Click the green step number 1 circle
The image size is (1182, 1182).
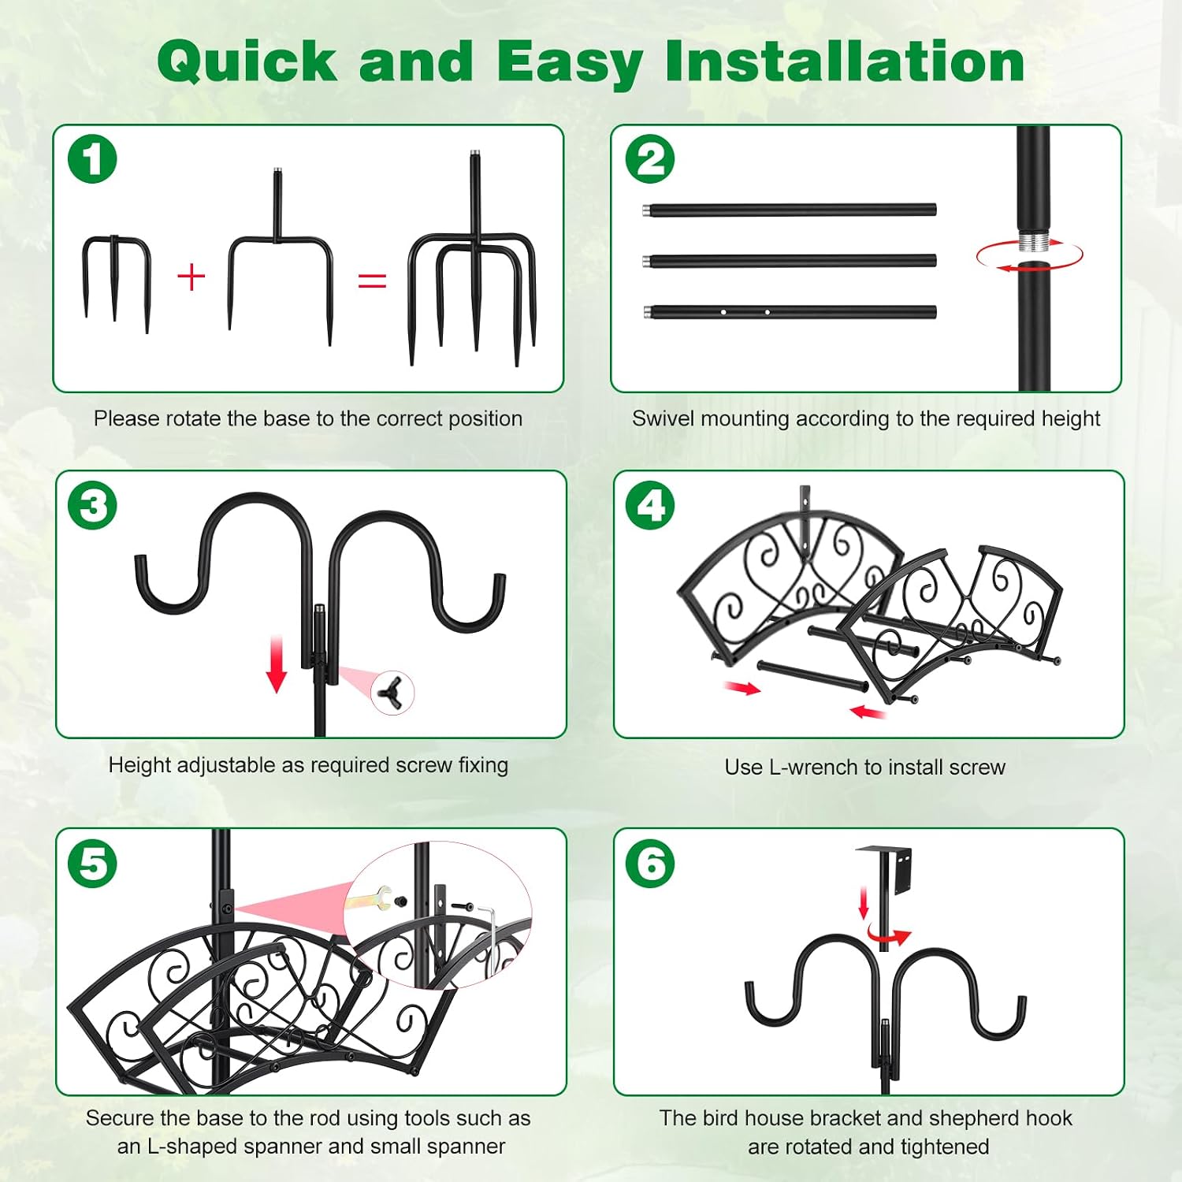coord(92,159)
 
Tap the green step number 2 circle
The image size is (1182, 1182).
coord(650,159)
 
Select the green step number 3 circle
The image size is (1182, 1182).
coord(92,505)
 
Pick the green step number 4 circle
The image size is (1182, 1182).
coord(650,505)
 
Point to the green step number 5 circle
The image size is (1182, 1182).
coord(92,863)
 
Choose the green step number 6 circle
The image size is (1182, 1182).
coord(650,863)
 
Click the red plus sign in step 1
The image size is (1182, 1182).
coord(191,277)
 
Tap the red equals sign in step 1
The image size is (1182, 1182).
coord(372,280)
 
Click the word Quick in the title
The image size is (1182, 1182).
coord(247,61)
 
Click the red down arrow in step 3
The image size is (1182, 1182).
coord(277,664)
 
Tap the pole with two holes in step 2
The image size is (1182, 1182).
coord(790,312)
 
